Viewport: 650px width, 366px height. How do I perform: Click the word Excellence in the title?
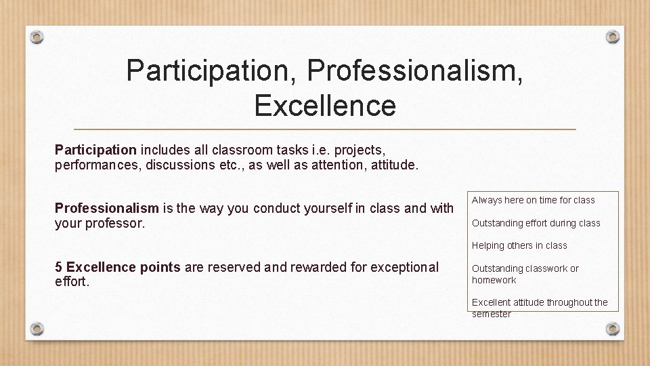(x=325, y=106)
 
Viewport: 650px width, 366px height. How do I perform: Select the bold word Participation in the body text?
(x=96, y=148)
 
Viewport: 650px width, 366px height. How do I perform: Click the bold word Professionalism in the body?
(x=106, y=208)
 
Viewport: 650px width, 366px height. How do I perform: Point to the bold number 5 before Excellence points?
(x=58, y=267)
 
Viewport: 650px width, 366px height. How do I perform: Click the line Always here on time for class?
(x=533, y=200)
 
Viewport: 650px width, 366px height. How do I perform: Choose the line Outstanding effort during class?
(x=536, y=223)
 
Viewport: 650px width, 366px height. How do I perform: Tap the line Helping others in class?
(x=519, y=245)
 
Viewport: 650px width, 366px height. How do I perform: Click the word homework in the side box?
(x=494, y=280)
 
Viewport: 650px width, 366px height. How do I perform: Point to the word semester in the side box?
(x=491, y=314)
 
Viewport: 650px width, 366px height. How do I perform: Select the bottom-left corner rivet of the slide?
(x=37, y=329)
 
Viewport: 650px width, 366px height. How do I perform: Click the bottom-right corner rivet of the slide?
(x=612, y=329)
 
